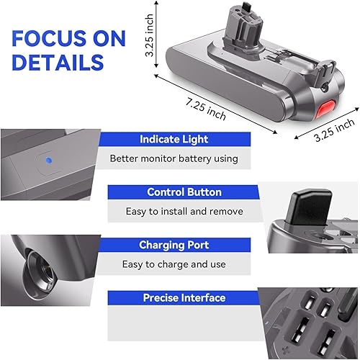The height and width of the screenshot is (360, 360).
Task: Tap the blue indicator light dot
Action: (49, 161)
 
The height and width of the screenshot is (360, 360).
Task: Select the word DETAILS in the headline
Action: (58, 62)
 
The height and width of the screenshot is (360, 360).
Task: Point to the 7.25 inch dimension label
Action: (206, 109)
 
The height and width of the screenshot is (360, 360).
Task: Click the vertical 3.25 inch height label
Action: (149, 35)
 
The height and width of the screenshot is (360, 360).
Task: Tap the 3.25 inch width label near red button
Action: (334, 130)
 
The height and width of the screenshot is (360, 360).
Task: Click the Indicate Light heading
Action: (174, 139)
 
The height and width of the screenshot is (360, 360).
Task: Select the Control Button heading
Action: (184, 192)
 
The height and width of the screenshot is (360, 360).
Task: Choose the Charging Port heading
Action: (174, 245)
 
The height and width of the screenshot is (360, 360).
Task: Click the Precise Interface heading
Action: (184, 298)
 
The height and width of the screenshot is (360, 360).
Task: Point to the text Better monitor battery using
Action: (174, 158)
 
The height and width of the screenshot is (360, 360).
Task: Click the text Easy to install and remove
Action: (184, 212)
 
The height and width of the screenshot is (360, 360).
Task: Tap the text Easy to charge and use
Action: (174, 264)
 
